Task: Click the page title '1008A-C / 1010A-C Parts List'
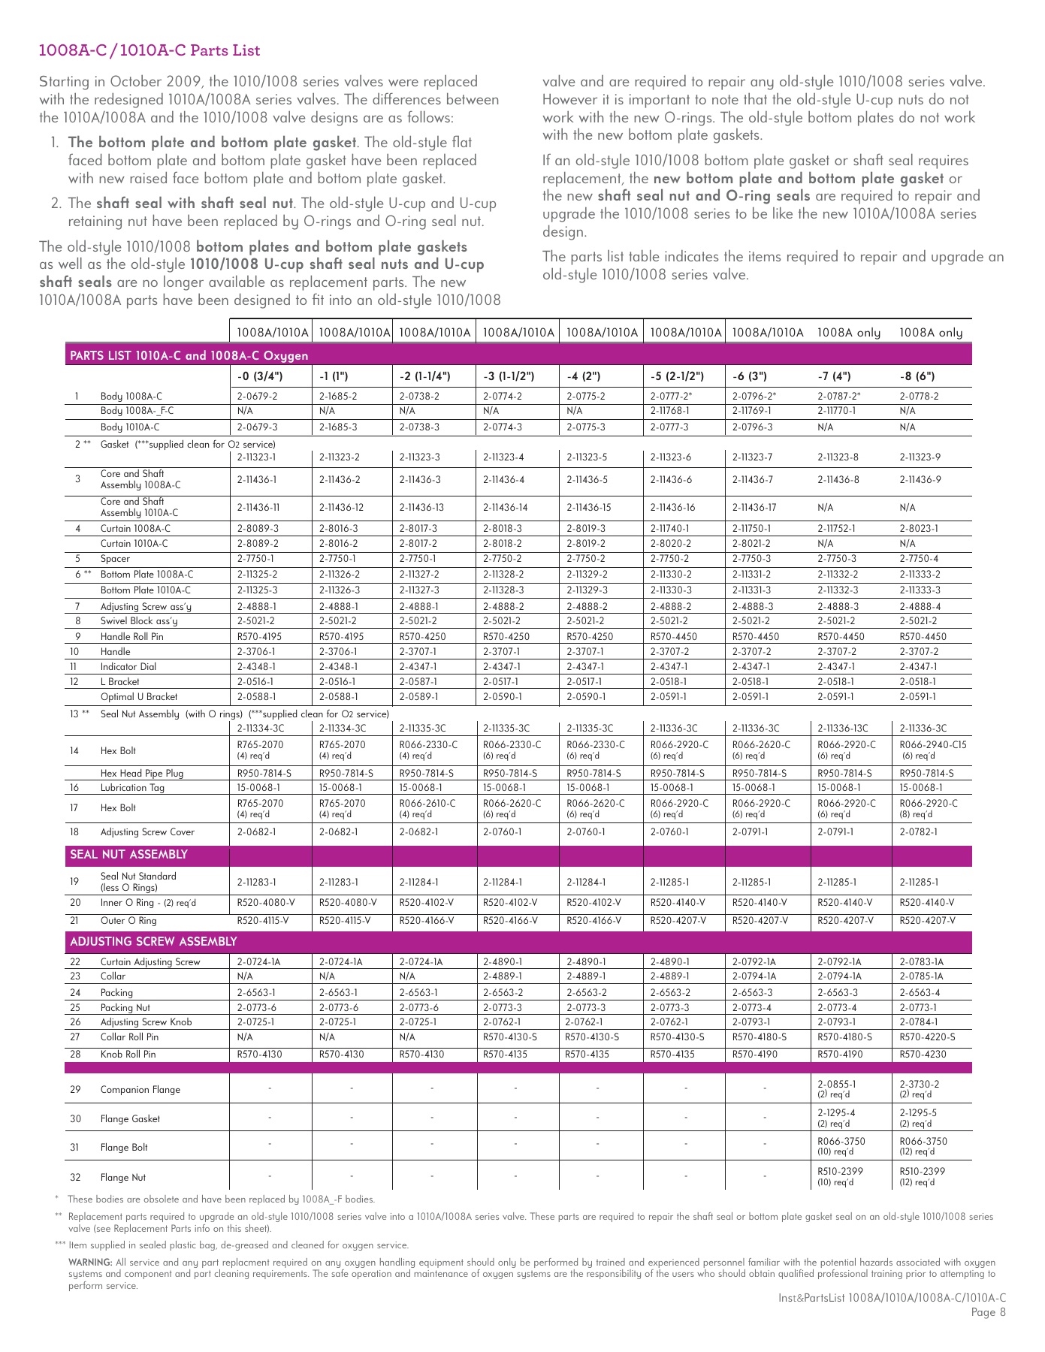click(x=149, y=51)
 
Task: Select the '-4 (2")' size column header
click(x=582, y=376)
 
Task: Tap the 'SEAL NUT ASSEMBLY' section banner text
click(x=128, y=855)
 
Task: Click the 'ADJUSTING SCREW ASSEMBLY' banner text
click(x=153, y=942)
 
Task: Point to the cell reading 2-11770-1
click(x=836, y=411)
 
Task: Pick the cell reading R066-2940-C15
click(x=933, y=745)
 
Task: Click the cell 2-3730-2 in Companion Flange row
click(x=919, y=1085)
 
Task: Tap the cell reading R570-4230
click(x=923, y=1055)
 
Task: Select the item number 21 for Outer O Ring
click(x=75, y=921)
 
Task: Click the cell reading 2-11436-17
click(x=754, y=508)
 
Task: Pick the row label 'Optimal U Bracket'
click(x=139, y=697)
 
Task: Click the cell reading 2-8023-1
click(x=919, y=529)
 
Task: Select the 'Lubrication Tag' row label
click(x=132, y=788)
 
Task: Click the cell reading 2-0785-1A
click(x=921, y=977)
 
